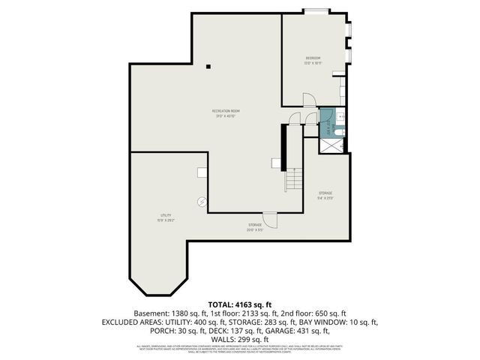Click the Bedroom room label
[x=313, y=59]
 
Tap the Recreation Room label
[x=225, y=113]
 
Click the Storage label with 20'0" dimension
[x=256, y=226]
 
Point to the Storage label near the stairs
[x=325, y=195]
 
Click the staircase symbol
[x=294, y=178]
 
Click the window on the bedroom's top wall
[x=316, y=11]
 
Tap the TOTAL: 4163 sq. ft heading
[x=239, y=304]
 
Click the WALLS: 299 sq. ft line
[x=239, y=340]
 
